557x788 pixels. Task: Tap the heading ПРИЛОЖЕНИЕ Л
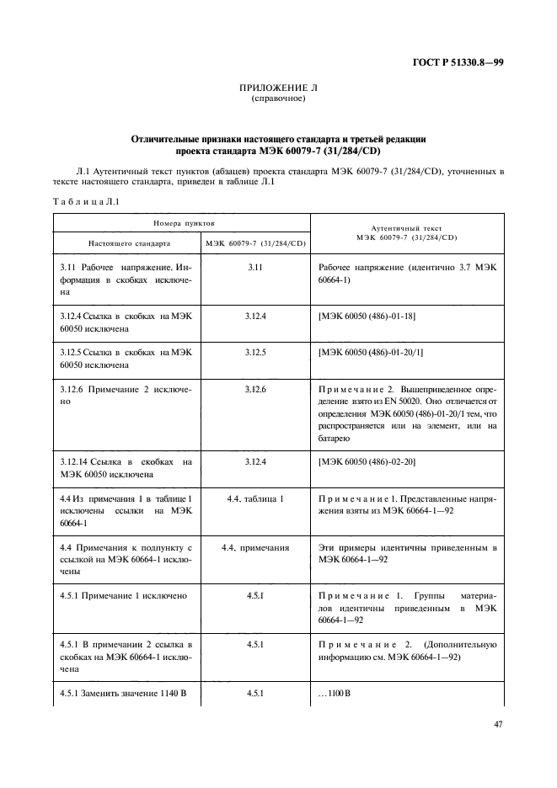(x=278, y=88)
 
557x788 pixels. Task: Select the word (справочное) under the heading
(x=278, y=98)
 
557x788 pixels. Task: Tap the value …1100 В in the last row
(x=335, y=694)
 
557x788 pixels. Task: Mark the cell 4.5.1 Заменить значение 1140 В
(x=123, y=694)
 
